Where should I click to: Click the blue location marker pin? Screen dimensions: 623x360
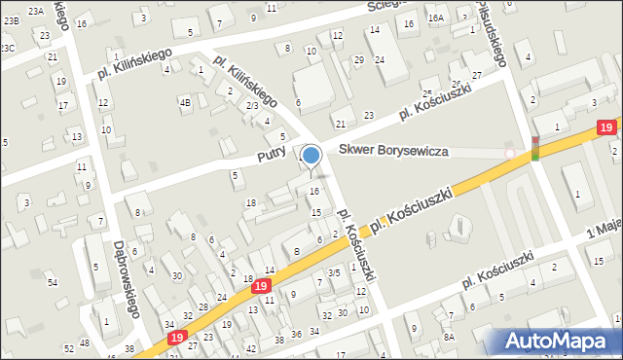pyautogui.click(x=311, y=156)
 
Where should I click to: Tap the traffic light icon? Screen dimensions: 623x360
pyautogui.click(x=534, y=149)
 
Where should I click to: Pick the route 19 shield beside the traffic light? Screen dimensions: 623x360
pyautogui.click(x=605, y=127)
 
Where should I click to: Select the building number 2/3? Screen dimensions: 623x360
pyautogui.click(x=251, y=105)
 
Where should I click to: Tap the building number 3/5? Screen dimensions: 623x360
pyautogui.click(x=334, y=273)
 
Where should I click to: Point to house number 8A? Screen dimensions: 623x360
pyautogui.click(x=449, y=337)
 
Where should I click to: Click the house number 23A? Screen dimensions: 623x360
pyautogui.click(x=36, y=11)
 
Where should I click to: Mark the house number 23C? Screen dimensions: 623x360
pyautogui.click(x=8, y=47)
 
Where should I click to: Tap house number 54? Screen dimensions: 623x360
pyautogui.click(x=53, y=282)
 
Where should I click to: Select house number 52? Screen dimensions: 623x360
pyautogui.click(x=69, y=348)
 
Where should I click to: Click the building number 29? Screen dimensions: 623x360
pyautogui.click(x=358, y=60)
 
